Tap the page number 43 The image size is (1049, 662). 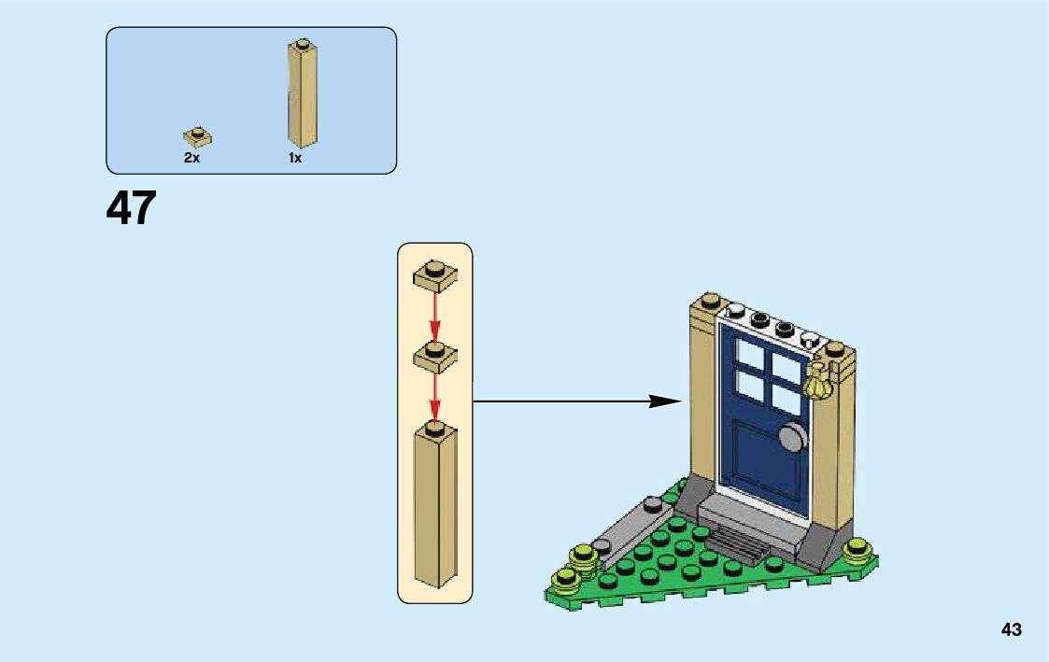(x=1011, y=629)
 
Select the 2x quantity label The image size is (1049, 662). (x=191, y=159)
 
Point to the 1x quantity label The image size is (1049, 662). (x=294, y=159)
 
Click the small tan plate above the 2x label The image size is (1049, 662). (x=197, y=136)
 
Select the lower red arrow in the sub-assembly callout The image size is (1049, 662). (x=434, y=398)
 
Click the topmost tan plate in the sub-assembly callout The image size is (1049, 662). (x=434, y=273)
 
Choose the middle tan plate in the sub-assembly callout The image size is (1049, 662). (x=434, y=355)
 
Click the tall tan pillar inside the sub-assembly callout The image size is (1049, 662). (x=435, y=509)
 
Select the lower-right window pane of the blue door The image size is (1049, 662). (x=787, y=398)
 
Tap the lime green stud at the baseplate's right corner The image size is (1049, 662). (x=858, y=551)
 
